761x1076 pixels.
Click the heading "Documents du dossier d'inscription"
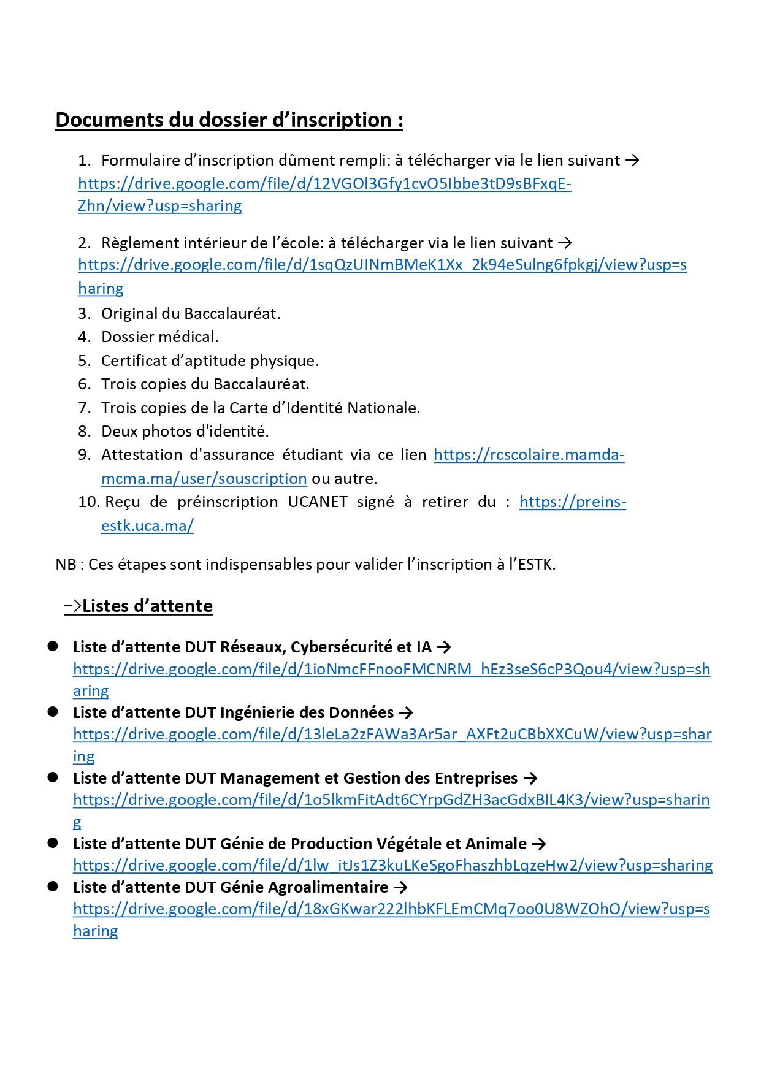pos(229,120)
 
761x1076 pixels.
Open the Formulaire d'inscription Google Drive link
pos(324,183)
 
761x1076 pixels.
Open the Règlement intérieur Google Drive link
pos(382,265)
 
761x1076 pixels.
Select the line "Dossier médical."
pos(159,337)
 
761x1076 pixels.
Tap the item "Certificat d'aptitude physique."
pos(210,361)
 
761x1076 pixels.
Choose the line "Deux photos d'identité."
pos(185,431)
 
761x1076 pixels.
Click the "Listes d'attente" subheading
pos(147,606)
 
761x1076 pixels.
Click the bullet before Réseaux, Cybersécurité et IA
pos(53,646)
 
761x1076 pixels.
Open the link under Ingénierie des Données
pos(392,734)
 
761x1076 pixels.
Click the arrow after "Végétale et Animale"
pos(539,844)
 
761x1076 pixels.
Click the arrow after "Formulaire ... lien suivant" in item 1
pos(632,160)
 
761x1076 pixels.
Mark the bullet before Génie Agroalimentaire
pos(53,887)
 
